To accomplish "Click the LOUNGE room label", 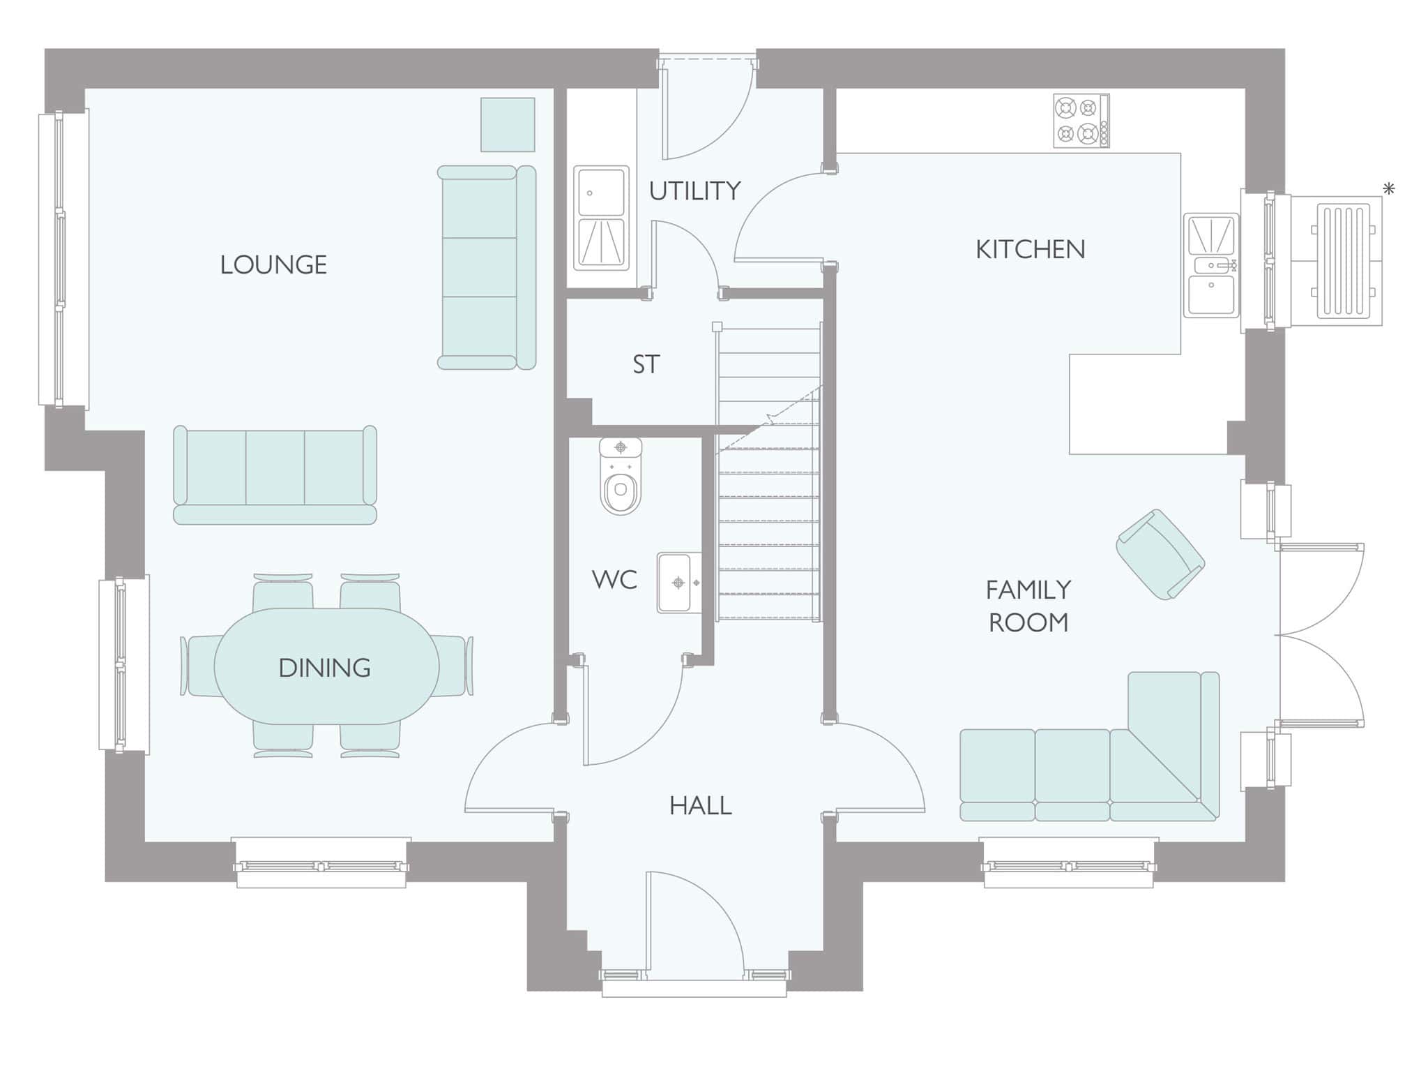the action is pyautogui.click(x=273, y=264).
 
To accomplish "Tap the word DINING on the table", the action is pyautogui.click(x=324, y=668).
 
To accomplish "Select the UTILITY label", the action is pyautogui.click(x=694, y=190).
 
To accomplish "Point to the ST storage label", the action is pyautogui.click(x=646, y=364).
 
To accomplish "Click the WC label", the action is pyautogui.click(x=614, y=579).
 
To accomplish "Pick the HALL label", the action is pyautogui.click(x=700, y=806).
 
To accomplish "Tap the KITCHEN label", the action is pyautogui.click(x=1030, y=249).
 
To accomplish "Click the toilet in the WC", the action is pyautogui.click(x=621, y=477).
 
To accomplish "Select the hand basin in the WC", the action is pyautogui.click(x=679, y=583).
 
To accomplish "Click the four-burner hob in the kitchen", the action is pyautogui.click(x=1081, y=121).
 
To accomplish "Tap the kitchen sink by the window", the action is pyautogui.click(x=1211, y=265).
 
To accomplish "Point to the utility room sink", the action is pyautogui.click(x=601, y=218).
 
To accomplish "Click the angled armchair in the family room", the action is pyautogui.click(x=1160, y=554).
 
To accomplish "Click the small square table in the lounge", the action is pyautogui.click(x=508, y=124).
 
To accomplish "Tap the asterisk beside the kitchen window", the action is pyautogui.click(x=1389, y=188).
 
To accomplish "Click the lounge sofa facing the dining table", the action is pyautogui.click(x=275, y=474).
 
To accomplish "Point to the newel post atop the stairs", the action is pyautogui.click(x=717, y=327).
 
